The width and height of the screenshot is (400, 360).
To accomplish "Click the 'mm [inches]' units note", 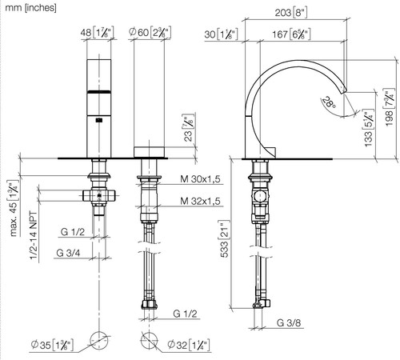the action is [31, 8].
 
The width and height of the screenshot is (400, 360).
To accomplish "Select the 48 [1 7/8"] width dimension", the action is [98, 33].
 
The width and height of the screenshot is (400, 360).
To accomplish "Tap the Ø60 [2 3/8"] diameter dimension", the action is [150, 33].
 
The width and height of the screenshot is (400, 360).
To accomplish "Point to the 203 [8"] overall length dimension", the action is [291, 13].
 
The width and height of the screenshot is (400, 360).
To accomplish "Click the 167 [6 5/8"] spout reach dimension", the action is [291, 34].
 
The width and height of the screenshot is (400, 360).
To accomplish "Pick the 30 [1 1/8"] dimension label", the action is [221, 34].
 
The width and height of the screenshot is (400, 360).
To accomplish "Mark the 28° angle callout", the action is [329, 102].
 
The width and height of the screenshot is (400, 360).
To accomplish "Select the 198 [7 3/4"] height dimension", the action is [389, 107].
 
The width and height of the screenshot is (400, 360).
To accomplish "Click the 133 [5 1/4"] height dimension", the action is [368, 128].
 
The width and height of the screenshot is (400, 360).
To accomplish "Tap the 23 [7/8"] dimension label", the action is [189, 128].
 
